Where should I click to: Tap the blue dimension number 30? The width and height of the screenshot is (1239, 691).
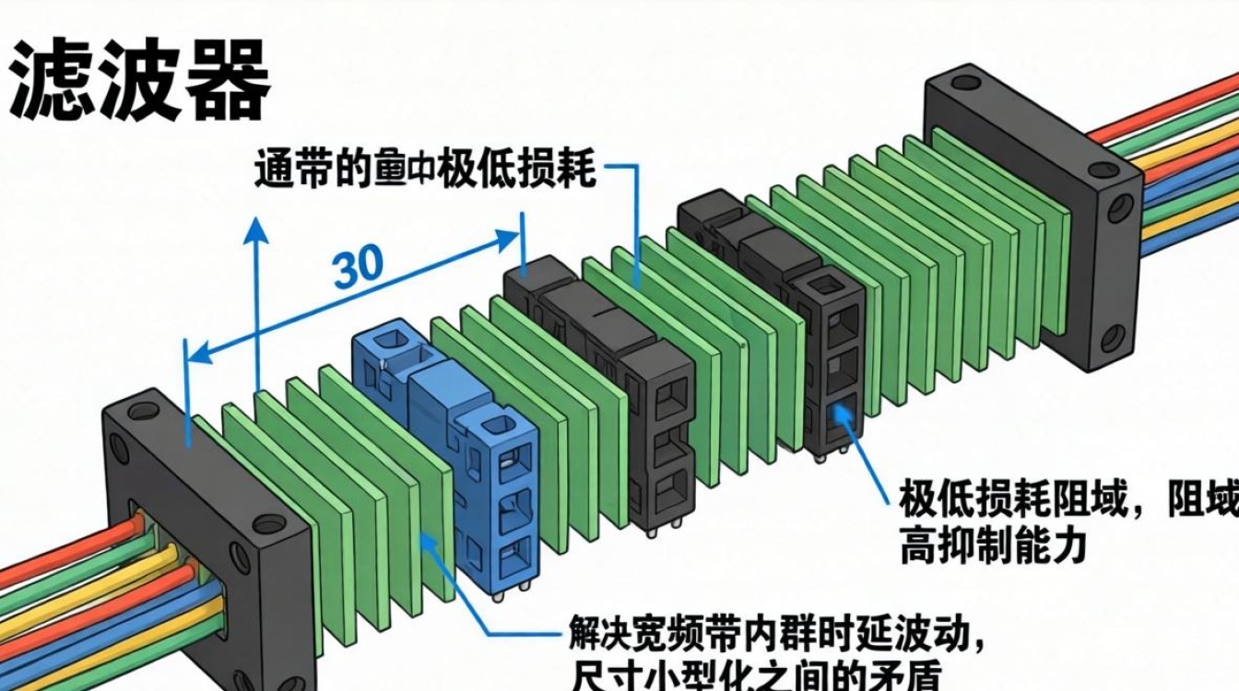359,266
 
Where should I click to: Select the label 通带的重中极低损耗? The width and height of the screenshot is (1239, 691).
425,171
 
